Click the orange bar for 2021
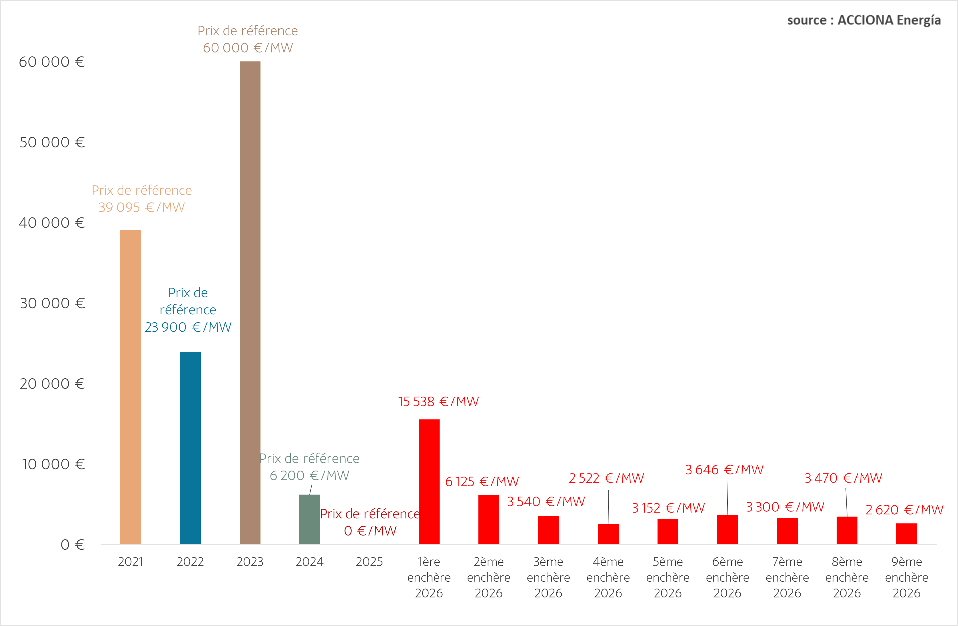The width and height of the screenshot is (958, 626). tap(131, 387)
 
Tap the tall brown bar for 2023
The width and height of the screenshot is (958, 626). tap(250, 302)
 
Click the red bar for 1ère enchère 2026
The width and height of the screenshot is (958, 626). tap(429, 481)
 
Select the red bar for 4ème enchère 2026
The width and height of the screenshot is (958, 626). tap(608, 534)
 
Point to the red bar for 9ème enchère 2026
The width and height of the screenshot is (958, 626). tap(907, 533)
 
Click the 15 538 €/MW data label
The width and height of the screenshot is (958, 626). tap(438, 402)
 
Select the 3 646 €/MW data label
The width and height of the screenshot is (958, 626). tap(724, 470)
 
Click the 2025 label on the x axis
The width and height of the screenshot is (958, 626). tap(369, 562)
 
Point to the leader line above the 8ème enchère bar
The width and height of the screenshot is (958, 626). tap(847, 502)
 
